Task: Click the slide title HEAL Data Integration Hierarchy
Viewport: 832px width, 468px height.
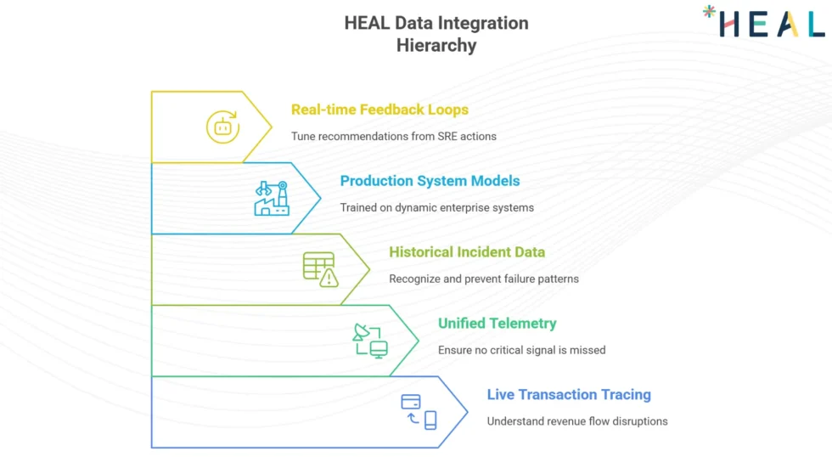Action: coord(436,34)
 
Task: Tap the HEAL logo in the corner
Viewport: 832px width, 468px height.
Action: coord(764,22)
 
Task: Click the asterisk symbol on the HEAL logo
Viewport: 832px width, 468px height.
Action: coord(710,12)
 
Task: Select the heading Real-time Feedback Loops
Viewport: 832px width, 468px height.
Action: coord(379,110)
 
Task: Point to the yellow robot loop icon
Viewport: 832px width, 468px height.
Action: coord(222,127)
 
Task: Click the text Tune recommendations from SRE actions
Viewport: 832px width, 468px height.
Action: coord(394,136)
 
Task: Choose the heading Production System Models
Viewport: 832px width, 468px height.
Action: coord(430,181)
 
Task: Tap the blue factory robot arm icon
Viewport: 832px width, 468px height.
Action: coord(271,199)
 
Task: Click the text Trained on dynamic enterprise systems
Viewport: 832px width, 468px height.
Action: coord(436,207)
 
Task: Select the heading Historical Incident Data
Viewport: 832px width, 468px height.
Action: coord(467,252)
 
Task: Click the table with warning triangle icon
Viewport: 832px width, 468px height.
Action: coord(320,269)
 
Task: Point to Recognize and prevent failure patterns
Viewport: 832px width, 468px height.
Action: coord(484,279)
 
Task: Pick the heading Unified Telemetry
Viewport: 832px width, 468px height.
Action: coord(498,324)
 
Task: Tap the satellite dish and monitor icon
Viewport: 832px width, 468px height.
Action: coord(370,341)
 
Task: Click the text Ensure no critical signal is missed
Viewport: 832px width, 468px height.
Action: coord(521,350)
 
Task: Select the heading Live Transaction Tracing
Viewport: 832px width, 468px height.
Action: coord(569,395)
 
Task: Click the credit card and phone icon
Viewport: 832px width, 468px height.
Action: coord(419,412)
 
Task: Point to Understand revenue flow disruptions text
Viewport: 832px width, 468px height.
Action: coord(577,421)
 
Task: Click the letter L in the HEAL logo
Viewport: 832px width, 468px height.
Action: coord(813,24)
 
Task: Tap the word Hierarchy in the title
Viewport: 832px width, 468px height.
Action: coord(436,46)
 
